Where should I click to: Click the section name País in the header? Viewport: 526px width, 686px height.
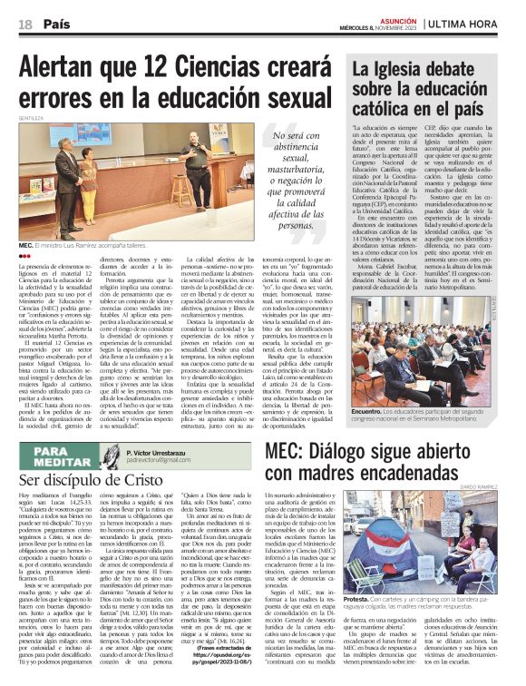pos(57,24)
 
